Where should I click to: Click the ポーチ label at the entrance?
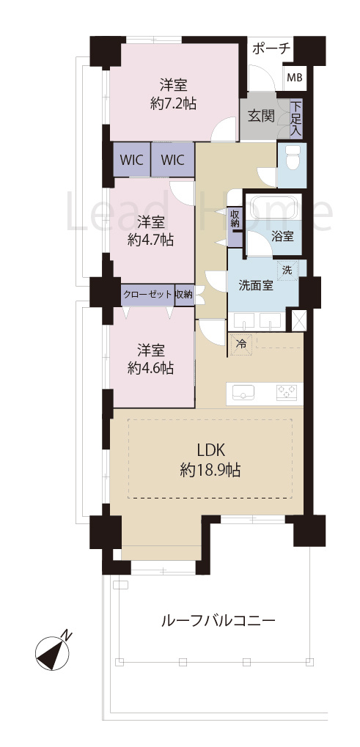click(x=271, y=49)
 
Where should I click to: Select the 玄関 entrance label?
click(x=260, y=117)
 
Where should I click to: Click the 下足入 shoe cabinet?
click(x=295, y=119)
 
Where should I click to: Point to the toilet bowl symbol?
click(x=291, y=157)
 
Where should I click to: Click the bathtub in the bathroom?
click(x=272, y=207)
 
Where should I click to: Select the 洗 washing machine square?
click(x=288, y=270)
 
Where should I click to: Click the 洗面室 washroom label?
click(x=255, y=285)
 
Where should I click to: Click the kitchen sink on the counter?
click(x=243, y=394)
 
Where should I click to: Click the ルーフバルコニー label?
click(x=218, y=621)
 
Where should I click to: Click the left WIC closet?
click(x=131, y=159)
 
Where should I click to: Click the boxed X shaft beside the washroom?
click(x=298, y=320)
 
